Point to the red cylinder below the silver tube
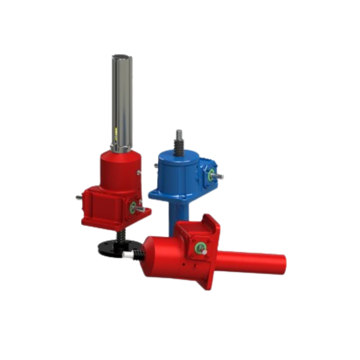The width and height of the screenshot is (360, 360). pyautogui.click(x=119, y=168)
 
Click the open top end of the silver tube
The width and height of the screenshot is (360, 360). pyautogui.click(x=122, y=56)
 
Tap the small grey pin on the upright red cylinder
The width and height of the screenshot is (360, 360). pyautogui.click(x=139, y=172)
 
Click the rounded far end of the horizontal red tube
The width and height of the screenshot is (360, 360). pyautogui.click(x=284, y=264)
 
